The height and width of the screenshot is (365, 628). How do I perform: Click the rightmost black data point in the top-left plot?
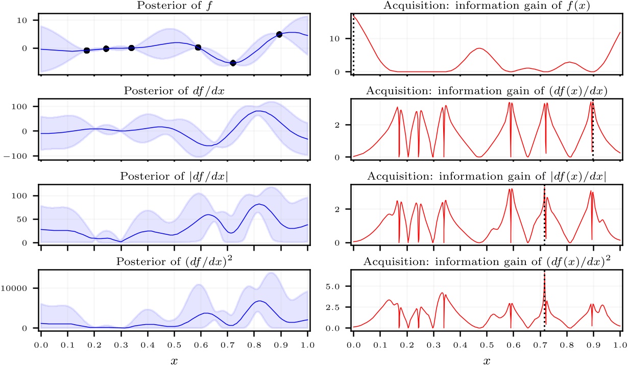pos(279,34)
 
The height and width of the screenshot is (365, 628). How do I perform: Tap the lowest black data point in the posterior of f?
pos(233,63)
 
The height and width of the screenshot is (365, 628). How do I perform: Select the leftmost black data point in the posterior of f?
pos(87,51)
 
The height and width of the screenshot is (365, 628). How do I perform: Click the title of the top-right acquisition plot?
pos(487,6)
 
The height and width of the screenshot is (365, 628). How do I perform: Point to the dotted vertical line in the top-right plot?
pos(353,46)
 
